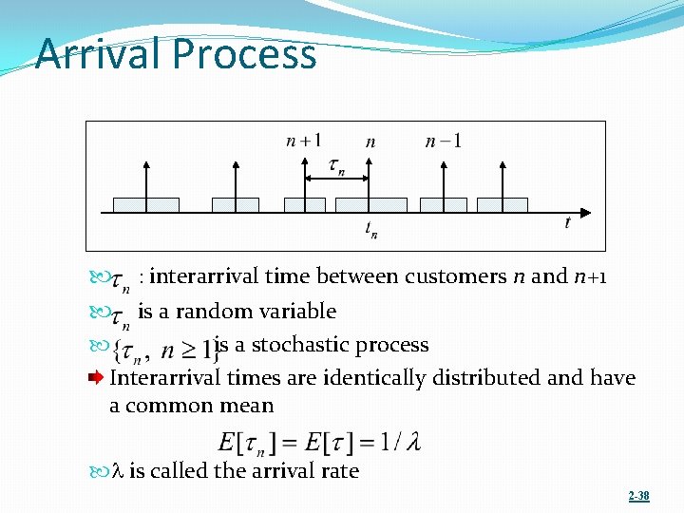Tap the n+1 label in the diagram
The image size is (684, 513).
tap(303, 142)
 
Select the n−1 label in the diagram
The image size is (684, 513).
tap(444, 142)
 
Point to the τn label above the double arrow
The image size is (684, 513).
tap(336, 167)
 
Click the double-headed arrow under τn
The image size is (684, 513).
tap(336, 180)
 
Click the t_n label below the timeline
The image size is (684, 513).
tap(370, 229)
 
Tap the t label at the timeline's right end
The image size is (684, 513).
tap(567, 222)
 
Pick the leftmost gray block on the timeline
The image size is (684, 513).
tap(145, 204)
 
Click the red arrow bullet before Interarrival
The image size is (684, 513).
tap(96, 378)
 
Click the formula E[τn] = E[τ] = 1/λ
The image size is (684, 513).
tap(319, 442)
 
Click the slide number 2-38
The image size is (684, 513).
tap(638, 496)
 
